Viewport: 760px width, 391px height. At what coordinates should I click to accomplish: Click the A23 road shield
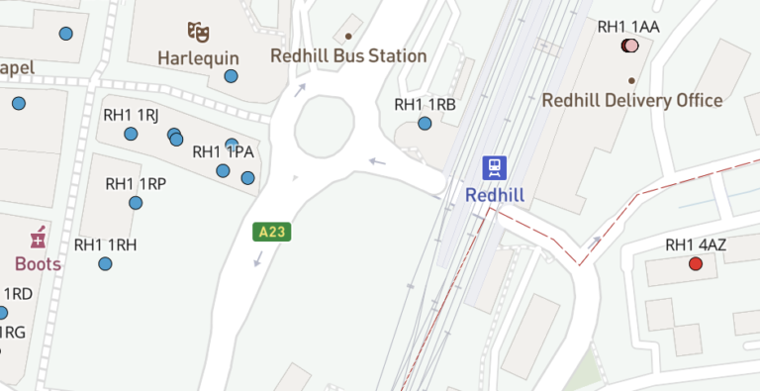coord(270,233)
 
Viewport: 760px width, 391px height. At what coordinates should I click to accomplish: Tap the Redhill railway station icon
coord(495,167)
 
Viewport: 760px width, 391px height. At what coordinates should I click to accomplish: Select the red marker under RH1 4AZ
coord(696,264)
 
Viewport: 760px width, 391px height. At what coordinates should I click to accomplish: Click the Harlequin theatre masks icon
coord(198,33)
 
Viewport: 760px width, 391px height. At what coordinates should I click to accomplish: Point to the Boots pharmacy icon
coord(38,239)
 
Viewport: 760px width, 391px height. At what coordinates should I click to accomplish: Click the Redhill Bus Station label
coord(349,56)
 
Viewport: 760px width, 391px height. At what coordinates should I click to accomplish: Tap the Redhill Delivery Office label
coord(632,100)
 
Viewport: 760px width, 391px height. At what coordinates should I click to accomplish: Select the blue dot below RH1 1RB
coord(425,124)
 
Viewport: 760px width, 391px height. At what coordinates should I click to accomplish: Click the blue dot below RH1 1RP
coord(136,203)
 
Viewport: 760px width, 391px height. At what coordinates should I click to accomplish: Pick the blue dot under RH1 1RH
coord(105,263)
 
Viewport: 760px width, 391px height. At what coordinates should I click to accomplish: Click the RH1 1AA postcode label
coord(628,27)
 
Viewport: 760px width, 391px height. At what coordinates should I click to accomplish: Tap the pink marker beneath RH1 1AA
coord(630,46)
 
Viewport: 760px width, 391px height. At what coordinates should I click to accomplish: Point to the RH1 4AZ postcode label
coord(696,244)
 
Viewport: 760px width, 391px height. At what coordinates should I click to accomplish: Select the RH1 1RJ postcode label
coord(131,115)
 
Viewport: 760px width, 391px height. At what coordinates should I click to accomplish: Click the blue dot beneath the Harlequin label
coord(231,76)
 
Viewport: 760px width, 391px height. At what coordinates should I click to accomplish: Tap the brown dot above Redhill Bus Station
coord(348,37)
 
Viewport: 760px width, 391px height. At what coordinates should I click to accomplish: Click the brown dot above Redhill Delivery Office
coord(631,80)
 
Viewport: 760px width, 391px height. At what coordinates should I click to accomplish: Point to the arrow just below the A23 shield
coord(257,258)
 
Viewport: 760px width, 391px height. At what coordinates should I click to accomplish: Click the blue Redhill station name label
coord(495,195)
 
